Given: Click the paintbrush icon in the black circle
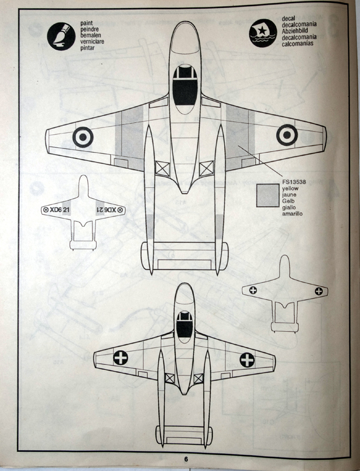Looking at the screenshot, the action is (61, 36).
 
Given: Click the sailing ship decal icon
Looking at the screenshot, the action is (263, 33).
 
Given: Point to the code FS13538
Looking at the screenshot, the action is (294, 182).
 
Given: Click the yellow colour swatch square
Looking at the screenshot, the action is (267, 195).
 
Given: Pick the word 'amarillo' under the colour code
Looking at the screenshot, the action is (292, 214).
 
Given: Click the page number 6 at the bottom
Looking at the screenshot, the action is (186, 459).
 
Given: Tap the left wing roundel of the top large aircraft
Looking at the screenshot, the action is (83, 137).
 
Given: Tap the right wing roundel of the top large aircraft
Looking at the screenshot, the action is (287, 135).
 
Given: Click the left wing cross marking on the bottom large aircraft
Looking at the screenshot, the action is (121, 357).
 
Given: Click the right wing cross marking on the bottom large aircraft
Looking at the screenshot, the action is (247, 360).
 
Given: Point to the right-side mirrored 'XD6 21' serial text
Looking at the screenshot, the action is (105, 210).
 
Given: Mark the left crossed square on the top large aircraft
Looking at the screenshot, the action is (163, 168).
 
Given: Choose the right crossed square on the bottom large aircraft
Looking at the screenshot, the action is (198, 378).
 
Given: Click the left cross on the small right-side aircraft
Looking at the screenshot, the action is (253, 290).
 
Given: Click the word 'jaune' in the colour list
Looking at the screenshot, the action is (289, 195).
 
